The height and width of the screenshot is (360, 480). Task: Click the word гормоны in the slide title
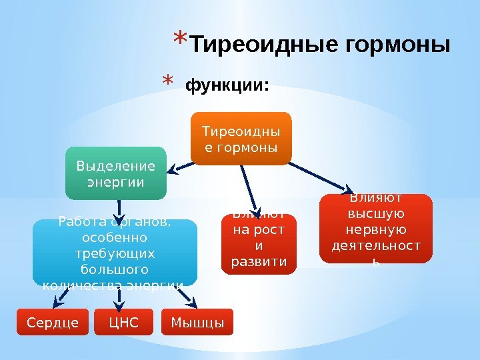coord(398,46)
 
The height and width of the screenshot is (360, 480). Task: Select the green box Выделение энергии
coord(115,173)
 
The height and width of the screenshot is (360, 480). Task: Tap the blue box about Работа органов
coord(115,253)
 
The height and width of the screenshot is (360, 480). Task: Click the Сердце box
coord(53,323)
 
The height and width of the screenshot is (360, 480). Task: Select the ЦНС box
coord(123,323)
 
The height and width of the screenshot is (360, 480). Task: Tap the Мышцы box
coord(197,323)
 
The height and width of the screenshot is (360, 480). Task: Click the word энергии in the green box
coord(115,181)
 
